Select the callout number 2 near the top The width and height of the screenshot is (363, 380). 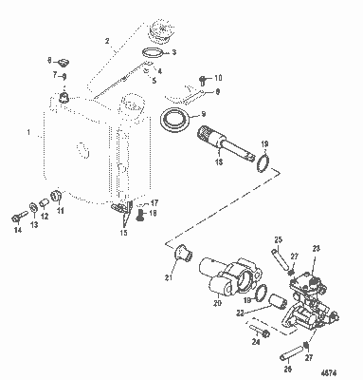[x=107, y=43]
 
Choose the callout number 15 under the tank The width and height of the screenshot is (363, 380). [x=122, y=231]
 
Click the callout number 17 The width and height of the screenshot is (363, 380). [x=154, y=202]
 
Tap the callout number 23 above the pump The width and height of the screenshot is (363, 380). [x=316, y=248]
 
